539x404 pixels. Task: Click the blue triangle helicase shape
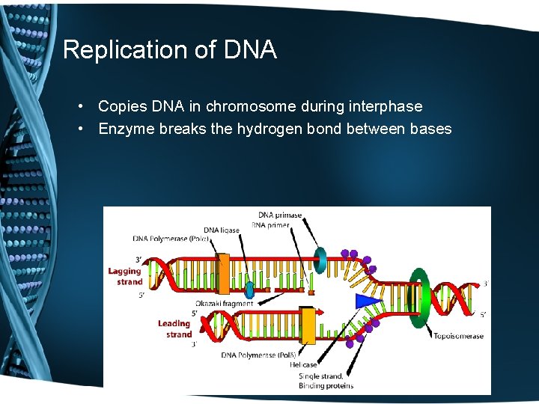[368, 300]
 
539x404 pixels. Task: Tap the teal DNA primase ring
[320, 259]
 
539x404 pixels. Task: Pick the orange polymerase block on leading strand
[307, 325]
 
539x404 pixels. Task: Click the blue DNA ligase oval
[249, 290]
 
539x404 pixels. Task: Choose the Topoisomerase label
[458, 336]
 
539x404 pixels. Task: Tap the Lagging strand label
[125, 276]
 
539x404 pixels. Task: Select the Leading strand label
[174, 329]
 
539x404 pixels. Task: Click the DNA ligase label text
[222, 230]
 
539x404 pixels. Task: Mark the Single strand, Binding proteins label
[326, 381]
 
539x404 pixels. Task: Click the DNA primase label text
[280, 215]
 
